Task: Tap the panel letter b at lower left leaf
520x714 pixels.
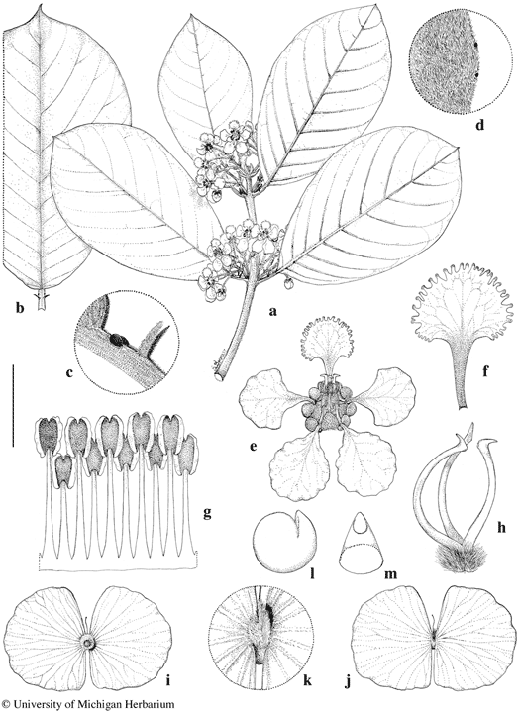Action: (19, 309)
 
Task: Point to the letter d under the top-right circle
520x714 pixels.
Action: (478, 124)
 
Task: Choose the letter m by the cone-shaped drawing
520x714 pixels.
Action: (390, 574)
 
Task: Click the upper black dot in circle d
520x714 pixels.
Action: (476, 46)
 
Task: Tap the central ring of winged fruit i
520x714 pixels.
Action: (86, 643)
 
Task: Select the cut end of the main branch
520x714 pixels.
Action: (221, 376)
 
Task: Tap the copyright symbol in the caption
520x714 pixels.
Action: (5, 705)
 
